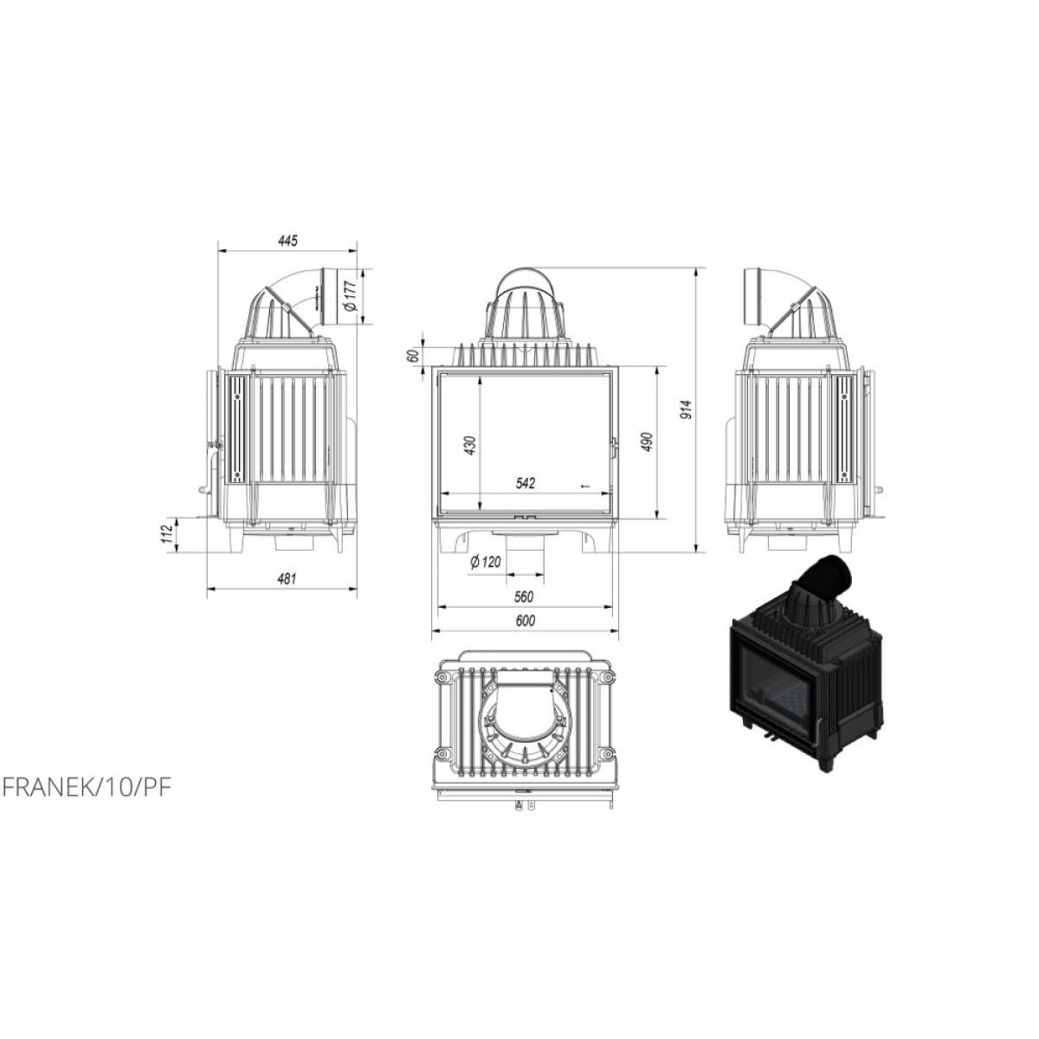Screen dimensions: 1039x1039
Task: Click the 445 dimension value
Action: point(288,241)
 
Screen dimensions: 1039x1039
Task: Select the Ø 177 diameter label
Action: point(351,297)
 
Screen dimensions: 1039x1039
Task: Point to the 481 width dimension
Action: point(287,579)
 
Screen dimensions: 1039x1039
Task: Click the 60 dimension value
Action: point(414,356)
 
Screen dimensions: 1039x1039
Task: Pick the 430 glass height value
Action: point(471,445)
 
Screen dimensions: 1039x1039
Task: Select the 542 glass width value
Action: point(526,483)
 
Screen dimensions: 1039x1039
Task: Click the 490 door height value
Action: point(648,442)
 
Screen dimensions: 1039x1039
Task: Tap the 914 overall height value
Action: point(686,410)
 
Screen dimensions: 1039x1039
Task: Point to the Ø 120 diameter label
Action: point(485,562)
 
